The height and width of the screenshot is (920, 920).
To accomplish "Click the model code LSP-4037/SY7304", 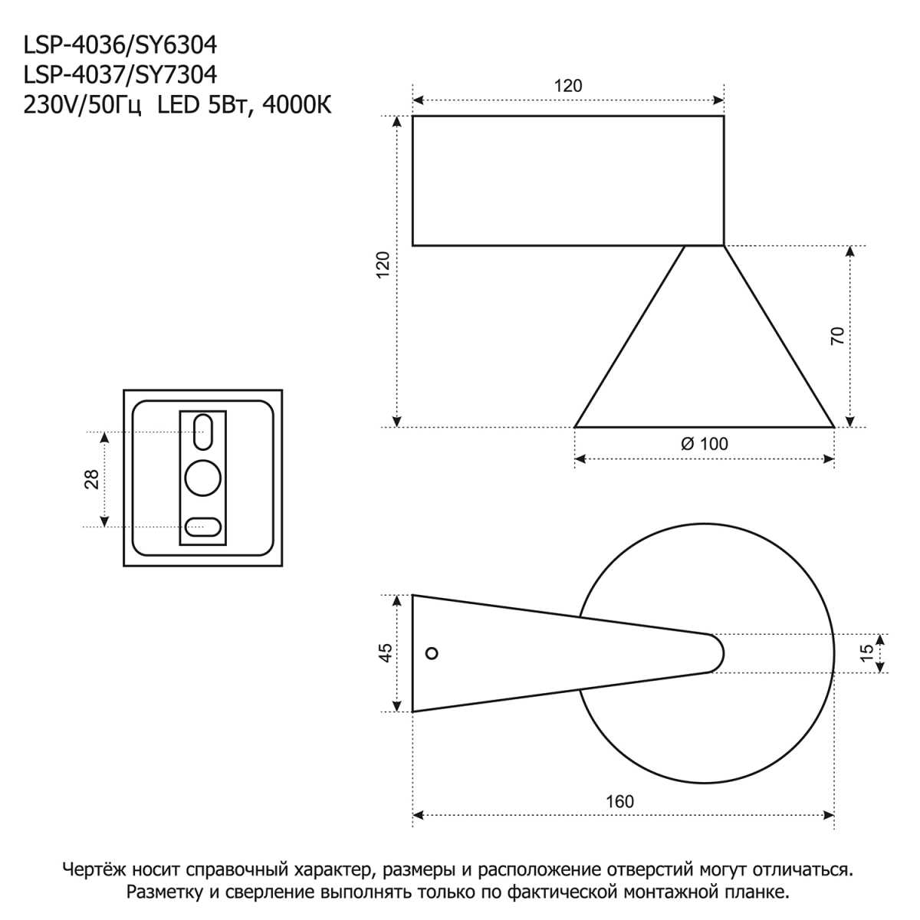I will (120, 75).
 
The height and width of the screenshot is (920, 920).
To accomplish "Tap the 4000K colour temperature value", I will (297, 105).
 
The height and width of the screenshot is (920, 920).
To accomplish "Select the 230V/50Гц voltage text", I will (83, 105).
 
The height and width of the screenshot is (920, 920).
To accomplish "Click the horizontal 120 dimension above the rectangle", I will (568, 85).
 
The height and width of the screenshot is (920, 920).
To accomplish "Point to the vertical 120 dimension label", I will (383, 264).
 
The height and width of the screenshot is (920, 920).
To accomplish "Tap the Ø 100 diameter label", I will (704, 444).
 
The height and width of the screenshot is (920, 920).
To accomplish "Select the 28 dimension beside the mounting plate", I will (91, 478).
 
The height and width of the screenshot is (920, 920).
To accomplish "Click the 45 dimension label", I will (386, 652).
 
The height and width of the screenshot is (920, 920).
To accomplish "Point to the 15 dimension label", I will (866, 652).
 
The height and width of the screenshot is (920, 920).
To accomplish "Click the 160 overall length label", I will (619, 801).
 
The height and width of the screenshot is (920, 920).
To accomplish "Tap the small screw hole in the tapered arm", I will (432, 653).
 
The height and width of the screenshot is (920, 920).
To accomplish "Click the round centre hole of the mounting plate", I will (203, 478).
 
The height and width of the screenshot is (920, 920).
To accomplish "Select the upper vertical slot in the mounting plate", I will (203, 432).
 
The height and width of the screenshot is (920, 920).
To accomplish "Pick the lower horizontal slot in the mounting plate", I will (203, 527).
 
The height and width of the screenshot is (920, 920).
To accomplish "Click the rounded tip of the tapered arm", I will (718, 653).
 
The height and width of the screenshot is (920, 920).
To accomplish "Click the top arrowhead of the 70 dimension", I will (849, 251).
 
